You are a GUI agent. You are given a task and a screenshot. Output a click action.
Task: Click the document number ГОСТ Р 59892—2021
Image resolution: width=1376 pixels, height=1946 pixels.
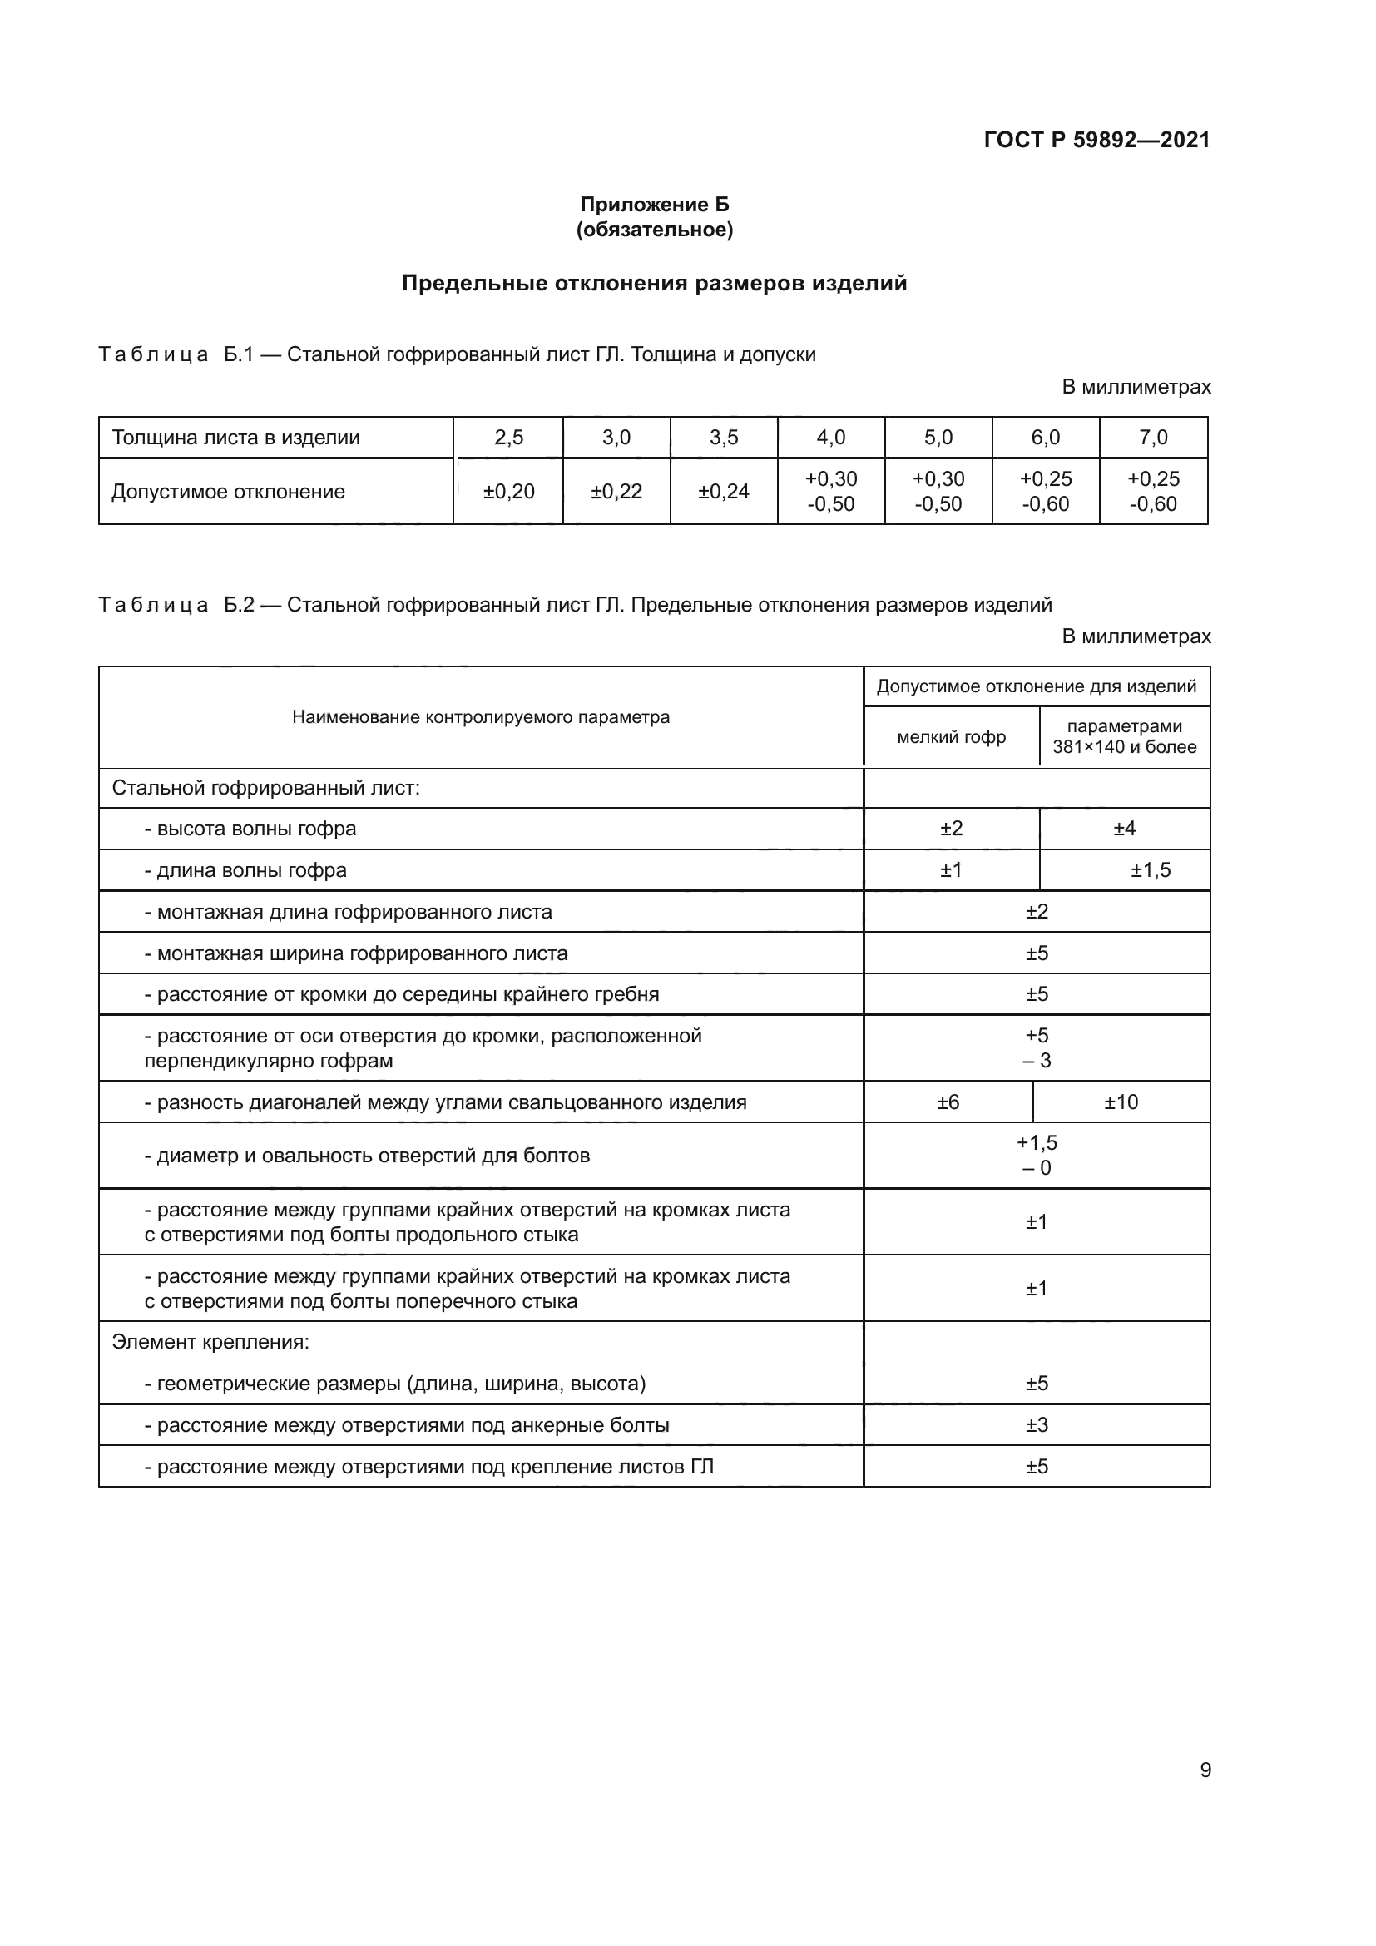(x=1096, y=140)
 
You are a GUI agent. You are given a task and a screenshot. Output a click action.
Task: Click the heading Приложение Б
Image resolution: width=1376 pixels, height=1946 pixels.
(x=654, y=205)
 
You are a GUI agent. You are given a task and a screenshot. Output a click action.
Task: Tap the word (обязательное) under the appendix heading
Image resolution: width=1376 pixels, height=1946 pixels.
(x=654, y=230)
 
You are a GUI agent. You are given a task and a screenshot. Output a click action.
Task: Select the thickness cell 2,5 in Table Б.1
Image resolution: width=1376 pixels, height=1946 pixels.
(x=508, y=438)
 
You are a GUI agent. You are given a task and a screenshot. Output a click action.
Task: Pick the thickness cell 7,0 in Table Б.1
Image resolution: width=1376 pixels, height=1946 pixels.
(x=1153, y=438)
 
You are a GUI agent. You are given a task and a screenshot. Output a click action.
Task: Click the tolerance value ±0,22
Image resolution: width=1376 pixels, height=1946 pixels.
(x=616, y=492)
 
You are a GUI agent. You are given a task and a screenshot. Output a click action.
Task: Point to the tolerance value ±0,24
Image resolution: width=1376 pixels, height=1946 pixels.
(x=724, y=492)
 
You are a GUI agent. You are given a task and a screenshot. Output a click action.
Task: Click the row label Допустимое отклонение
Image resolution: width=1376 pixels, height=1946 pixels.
(x=229, y=492)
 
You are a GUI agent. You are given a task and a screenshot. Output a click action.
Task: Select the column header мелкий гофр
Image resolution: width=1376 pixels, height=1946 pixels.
(x=951, y=737)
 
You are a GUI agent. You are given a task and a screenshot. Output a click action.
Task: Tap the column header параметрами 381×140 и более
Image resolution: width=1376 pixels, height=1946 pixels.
(x=1125, y=736)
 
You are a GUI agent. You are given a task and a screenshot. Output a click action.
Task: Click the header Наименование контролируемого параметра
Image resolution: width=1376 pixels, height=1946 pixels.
(x=480, y=717)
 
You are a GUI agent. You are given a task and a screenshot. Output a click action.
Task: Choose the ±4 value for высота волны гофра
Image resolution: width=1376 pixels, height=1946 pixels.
(x=1125, y=828)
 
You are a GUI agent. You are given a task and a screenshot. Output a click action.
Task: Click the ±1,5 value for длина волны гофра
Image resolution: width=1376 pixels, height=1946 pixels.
(x=1150, y=870)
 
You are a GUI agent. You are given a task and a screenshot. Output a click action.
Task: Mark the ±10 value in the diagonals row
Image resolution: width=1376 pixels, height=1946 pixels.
(x=1120, y=1102)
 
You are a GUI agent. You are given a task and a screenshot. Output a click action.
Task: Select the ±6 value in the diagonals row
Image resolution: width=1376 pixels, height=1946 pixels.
(x=948, y=1102)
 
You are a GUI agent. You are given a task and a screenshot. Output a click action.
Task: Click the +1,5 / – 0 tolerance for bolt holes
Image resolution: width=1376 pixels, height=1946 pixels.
(x=1037, y=1156)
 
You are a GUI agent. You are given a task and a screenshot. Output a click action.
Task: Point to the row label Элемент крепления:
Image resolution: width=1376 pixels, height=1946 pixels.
(x=210, y=1343)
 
